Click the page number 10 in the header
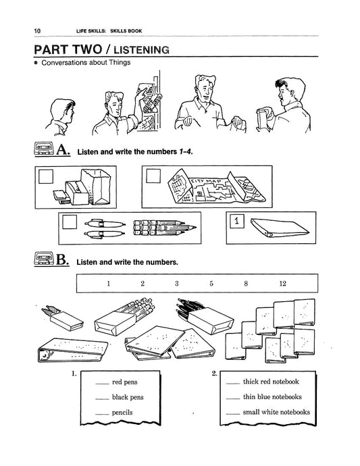[x=37, y=30]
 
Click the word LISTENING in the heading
[x=142, y=49]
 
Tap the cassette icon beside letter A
[x=44, y=149]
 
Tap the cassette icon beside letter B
[x=44, y=258]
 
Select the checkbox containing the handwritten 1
[x=237, y=221]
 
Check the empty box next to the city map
[x=153, y=176]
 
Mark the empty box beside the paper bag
[x=46, y=176]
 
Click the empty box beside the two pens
[x=70, y=222]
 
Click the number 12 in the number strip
[x=282, y=284]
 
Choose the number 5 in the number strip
[x=211, y=284]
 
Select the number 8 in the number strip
[x=246, y=284]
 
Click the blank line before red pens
[x=102, y=384]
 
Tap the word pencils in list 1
[x=122, y=413]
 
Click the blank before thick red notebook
[x=232, y=384]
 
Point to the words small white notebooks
[x=276, y=412]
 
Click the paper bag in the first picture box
[x=96, y=186]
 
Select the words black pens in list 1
[x=128, y=397]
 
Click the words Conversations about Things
[x=86, y=63]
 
